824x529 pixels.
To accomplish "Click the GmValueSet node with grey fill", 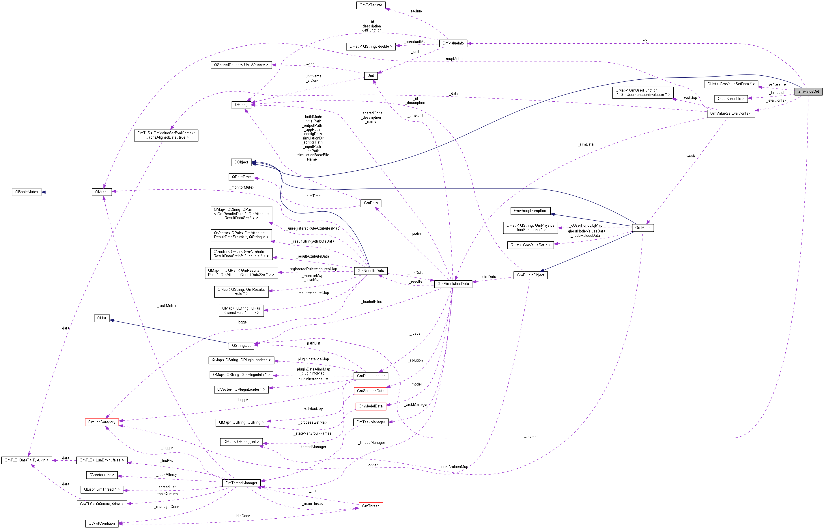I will point(808,91).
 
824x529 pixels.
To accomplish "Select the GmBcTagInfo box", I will point(371,5).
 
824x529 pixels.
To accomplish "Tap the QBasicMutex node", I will point(27,192).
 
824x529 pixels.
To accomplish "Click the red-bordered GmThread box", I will point(371,506).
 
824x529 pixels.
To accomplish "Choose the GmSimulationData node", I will point(453,284).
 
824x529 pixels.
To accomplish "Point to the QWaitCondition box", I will point(102,524).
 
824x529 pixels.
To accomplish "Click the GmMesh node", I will point(642,228).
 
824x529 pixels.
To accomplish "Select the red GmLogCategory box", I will point(102,422).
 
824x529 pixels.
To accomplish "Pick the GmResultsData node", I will point(371,271).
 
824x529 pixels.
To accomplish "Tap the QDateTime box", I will point(241,177).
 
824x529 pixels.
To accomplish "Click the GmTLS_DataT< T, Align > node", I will point(27,460).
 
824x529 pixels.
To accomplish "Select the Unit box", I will point(371,76).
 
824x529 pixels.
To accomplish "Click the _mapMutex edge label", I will point(454,59).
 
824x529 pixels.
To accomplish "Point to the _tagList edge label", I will point(531,435).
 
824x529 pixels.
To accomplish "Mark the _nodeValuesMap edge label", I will point(454,467).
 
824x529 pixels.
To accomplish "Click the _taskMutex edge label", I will point(167,306).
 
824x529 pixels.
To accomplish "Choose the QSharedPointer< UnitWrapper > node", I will point(241,65).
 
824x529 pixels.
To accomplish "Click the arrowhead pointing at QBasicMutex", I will point(44,192).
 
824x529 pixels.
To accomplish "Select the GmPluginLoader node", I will point(371,376).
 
